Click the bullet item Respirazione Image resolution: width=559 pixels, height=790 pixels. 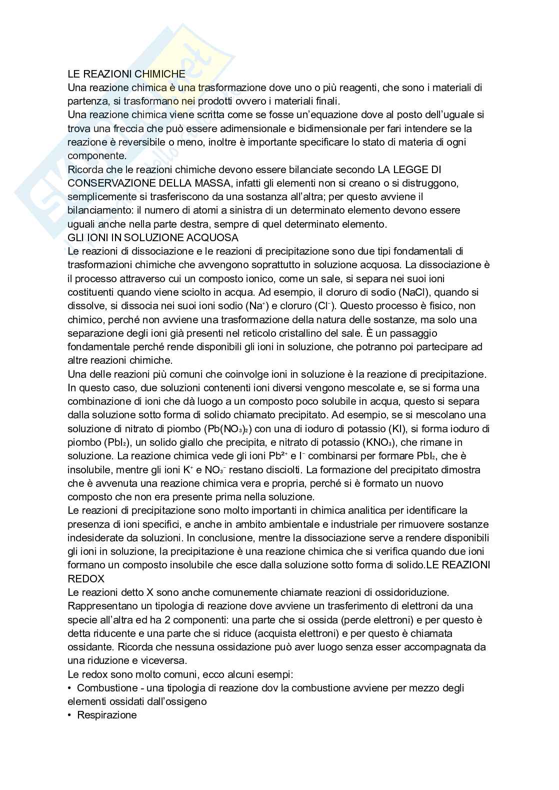pyautogui.click(x=107, y=715)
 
